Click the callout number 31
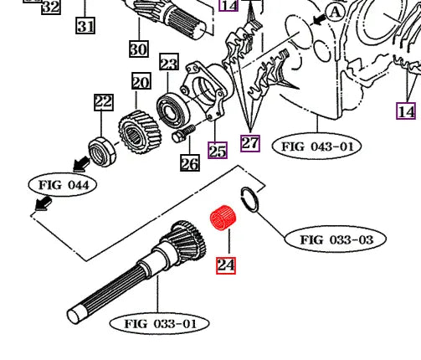tap(85, 26)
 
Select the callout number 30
tap(138, 49)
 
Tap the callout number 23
tap(169, 64)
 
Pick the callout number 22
tap(102, 103)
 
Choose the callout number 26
tap(190, 163)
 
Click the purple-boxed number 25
tap(218, 151)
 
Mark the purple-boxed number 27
tap(250, 142)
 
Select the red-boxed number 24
tap(226, 265)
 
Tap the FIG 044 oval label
tap(63, 183)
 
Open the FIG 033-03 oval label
tap(336, 239)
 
